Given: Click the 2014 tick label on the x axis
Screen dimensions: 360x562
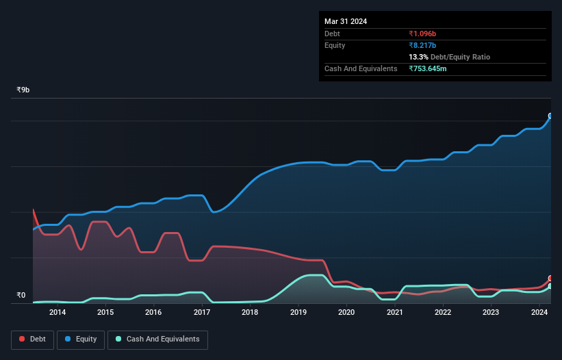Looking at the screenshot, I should tap(58, 313).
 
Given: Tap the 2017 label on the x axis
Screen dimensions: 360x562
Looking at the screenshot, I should tap(202, 313).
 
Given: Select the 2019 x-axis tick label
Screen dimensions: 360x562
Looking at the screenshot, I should tap(298, 313).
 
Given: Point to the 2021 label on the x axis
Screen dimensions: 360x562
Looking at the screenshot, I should tap(394, 313).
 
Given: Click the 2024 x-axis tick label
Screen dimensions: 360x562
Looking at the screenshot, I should tap(539, 313).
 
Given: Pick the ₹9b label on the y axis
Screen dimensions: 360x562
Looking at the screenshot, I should tap(24, 90).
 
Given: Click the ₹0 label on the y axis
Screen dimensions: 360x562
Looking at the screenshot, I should tap(21, 296).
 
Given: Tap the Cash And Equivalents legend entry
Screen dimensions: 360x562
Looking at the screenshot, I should tap(157, 339).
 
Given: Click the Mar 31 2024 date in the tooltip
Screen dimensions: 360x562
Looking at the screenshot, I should tap(346, 21).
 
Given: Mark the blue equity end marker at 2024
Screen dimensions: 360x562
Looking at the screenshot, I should tap(550, 116).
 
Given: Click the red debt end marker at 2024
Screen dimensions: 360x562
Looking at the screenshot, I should tap(550, 279).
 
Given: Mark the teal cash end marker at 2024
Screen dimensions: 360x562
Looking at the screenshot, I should tap(550, 286).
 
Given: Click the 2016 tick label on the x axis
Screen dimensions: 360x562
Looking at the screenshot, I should tap(154, 313).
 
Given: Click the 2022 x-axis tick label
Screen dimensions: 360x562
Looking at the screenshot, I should tap(443, 313).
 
